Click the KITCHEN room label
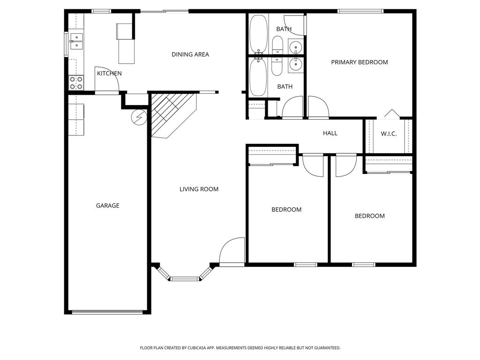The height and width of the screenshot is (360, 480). tap(109, 74)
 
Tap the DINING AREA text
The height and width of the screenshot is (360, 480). tap(190, 54)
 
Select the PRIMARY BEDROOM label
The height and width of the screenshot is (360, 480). tap(359, 62)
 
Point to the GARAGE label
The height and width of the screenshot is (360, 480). tap(107, 205)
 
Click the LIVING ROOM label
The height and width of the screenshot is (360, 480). tap(199, 189)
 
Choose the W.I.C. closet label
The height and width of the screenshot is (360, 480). tap(388, 134)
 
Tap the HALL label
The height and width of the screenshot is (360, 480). tap(330, 133)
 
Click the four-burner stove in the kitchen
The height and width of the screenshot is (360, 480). tap(76, 83)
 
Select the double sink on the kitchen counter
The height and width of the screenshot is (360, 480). tap(76, 41)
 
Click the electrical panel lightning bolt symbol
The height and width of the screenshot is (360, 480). tap(139, 118)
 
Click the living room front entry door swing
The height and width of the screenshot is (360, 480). tap(232, 251)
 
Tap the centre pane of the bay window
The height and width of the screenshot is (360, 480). tap(185, 279)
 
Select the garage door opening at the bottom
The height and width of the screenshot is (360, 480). tap(107, 312)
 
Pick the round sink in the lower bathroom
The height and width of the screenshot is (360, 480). tap(296, 64)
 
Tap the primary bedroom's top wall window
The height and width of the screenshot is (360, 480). tap(360, 11)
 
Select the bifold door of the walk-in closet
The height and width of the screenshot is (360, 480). tap(391, 113)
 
